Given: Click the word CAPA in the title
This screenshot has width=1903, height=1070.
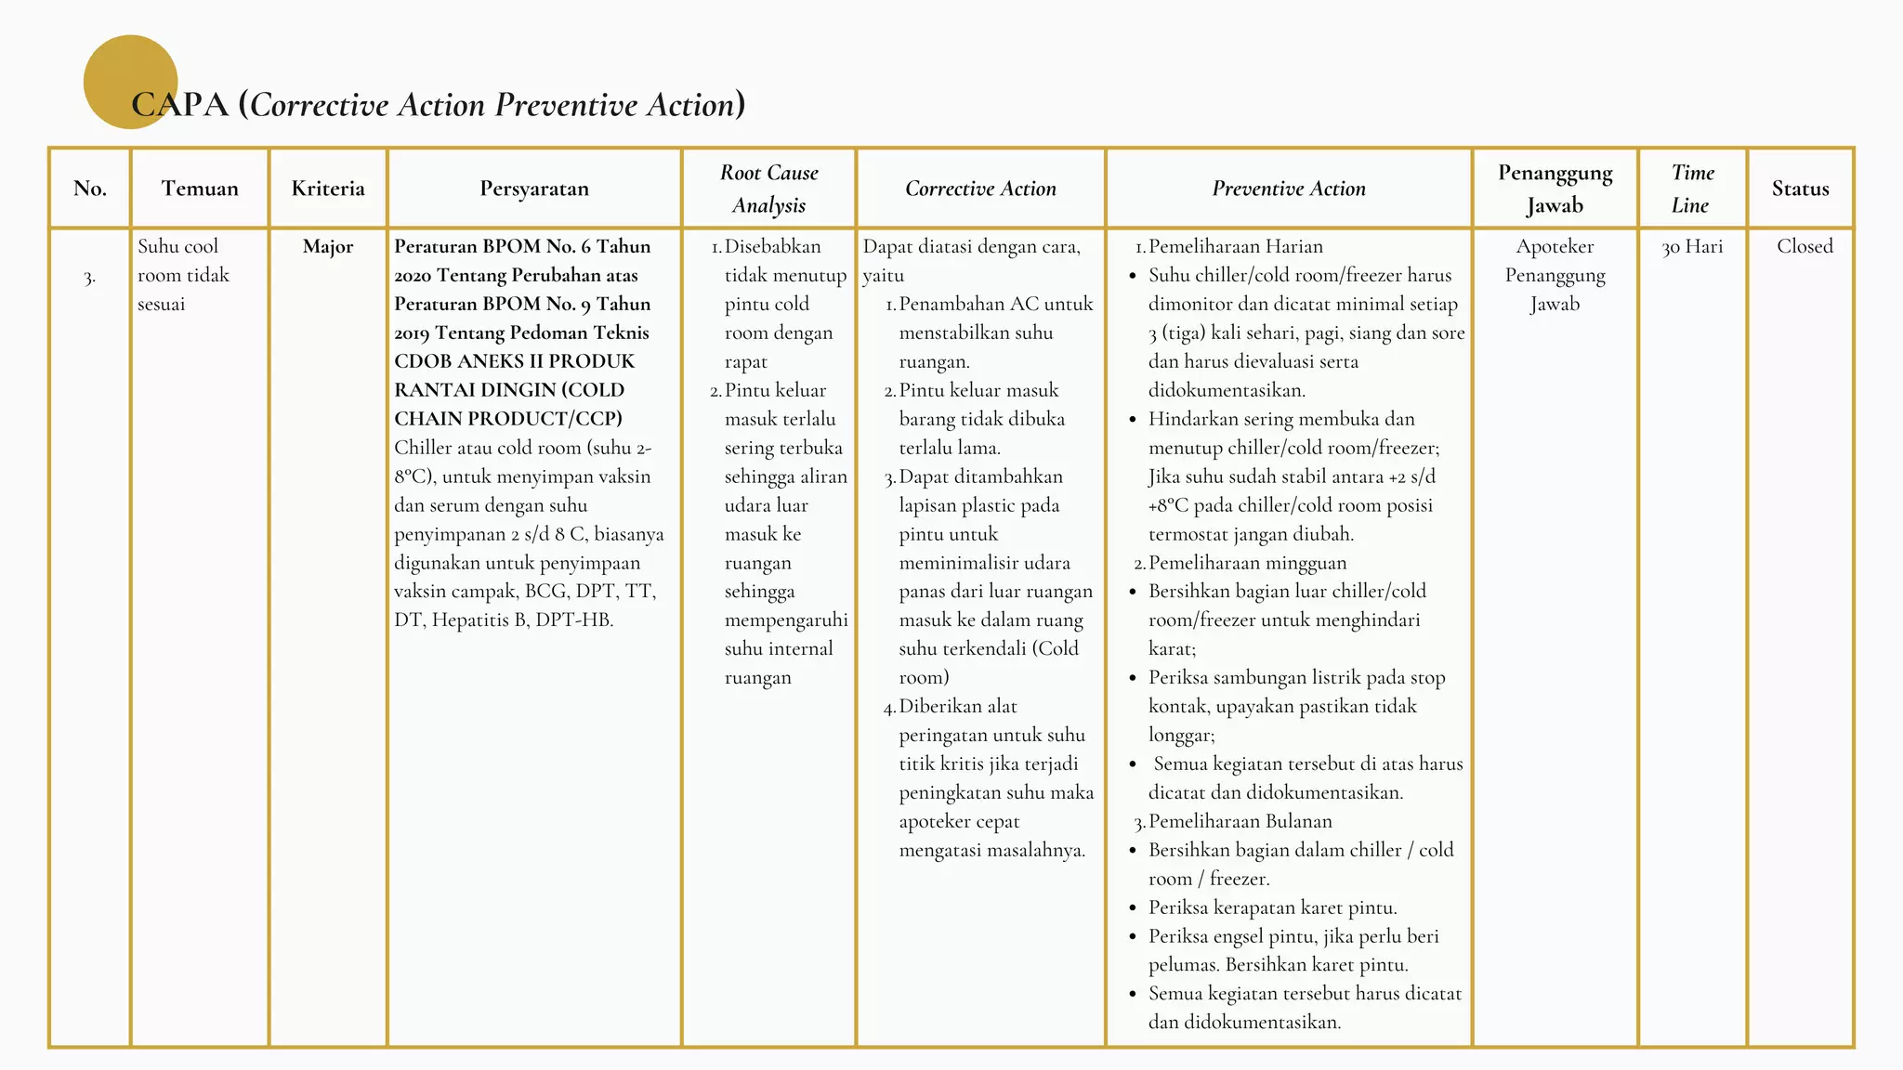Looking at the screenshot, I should click(180, 105).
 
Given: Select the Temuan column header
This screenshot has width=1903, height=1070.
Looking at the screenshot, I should click(200, 189).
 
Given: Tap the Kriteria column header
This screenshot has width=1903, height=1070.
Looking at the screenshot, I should click(328, 189).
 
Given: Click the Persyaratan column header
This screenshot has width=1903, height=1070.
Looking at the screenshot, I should click(534, 189).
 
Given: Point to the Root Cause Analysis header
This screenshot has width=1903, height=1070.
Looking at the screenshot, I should click(769, 189).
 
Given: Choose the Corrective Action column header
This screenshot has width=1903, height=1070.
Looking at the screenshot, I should click(980, 189).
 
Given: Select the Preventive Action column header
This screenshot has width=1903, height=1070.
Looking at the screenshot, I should click(1289, 189).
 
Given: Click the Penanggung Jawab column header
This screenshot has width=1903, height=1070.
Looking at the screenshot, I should click(1555, 189).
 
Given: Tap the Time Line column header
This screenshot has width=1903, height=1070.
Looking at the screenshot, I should click(1692, 189).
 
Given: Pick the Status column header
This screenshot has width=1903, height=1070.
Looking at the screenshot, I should click(1800, 189).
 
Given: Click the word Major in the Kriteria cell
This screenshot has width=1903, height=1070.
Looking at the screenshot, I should click(328, 247).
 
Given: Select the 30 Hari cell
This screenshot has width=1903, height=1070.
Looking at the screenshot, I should click(1692, 247).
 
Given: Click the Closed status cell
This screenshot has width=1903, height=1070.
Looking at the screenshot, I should click(1805, 247).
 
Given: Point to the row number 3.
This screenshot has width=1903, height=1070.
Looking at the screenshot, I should click(89, 278).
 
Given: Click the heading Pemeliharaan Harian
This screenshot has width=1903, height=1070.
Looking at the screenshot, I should click(1235, 247).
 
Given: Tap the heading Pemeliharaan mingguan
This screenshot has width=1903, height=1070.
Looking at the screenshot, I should click(1247, 563).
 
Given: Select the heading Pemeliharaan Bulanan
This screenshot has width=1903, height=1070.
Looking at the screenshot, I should click(1240, 821).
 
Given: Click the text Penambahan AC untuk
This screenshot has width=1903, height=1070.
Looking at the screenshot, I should click(995, 305).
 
